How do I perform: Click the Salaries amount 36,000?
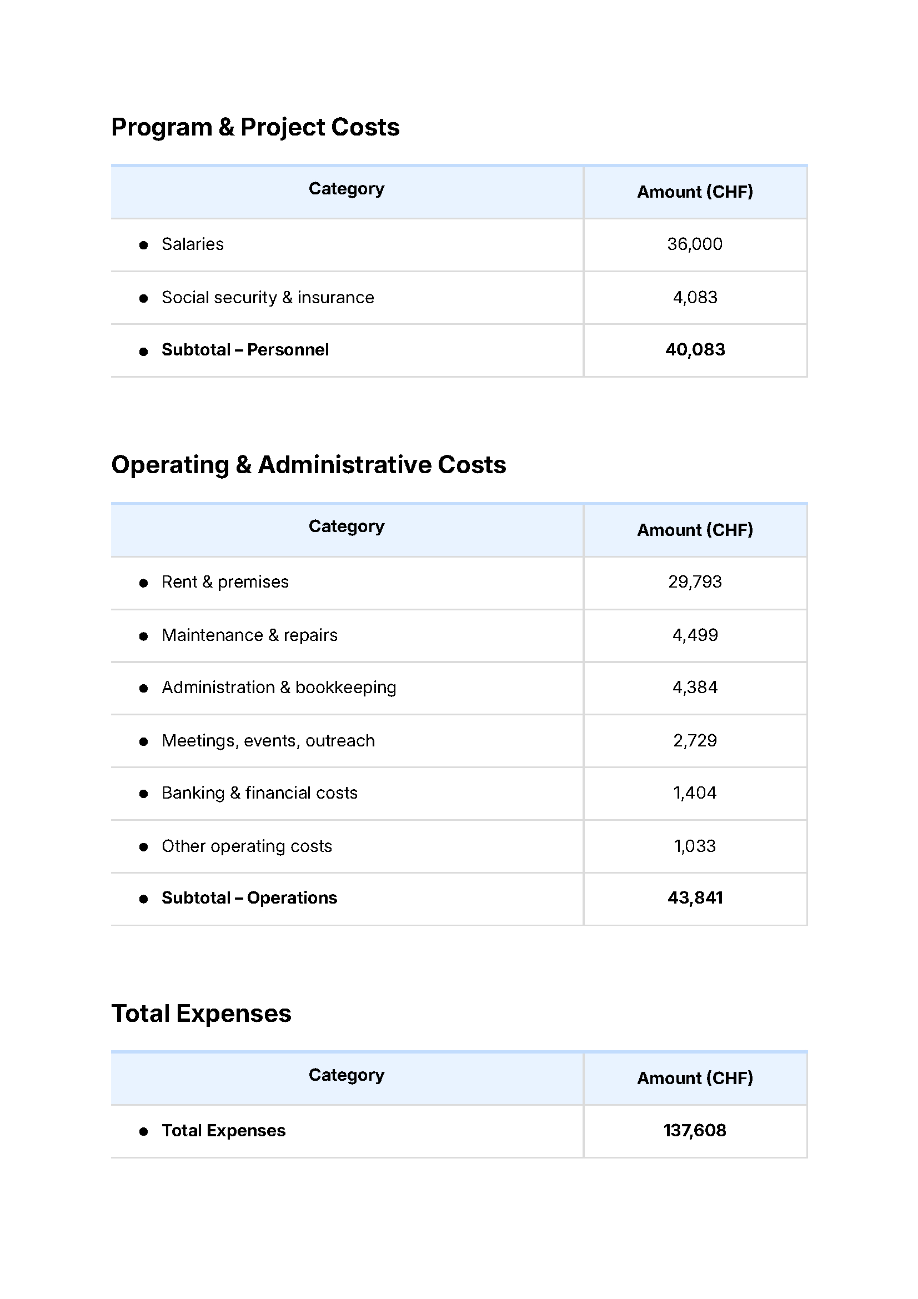click(694, 244)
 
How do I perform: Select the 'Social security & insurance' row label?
click(268, 298)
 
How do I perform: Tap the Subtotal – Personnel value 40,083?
click(695, 350)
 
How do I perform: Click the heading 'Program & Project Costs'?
click(255, 127)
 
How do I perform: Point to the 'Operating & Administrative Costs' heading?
click(308, 465)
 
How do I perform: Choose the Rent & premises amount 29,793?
click(695, 582)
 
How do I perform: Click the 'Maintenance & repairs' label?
click(249, 635)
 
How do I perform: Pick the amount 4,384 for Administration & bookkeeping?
click(695, 688)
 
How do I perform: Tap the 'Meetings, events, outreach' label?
click(268, 741)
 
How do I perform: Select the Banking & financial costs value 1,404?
click(695, 793)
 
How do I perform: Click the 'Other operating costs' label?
click(247, 846)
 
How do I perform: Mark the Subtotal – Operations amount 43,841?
click(695, 898)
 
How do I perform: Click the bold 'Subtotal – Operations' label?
click(249, 898)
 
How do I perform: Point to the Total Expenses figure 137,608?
click(695, 1130)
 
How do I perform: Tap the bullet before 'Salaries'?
click(144, 245)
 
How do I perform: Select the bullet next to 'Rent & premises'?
click(144, 583)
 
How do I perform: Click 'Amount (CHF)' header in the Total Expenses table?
click(695, 1078)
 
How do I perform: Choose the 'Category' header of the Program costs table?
click(346, 189)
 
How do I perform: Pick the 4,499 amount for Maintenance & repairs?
click(695, 635)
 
